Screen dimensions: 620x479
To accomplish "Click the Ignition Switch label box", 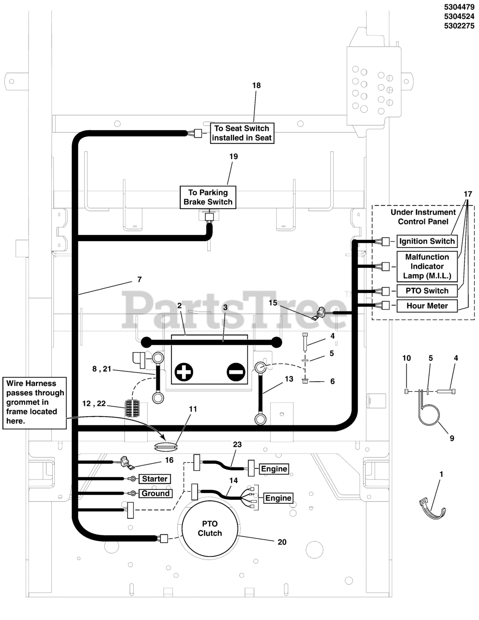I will [427, 241].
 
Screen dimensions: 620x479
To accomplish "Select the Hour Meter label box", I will [427, 306].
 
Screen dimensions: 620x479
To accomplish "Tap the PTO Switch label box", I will [427, 291].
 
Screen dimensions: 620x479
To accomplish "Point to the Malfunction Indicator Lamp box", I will [427, 266].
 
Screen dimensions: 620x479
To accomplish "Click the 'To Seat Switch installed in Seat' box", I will [242, 133].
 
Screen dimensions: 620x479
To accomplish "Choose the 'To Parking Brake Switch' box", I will [208, 197].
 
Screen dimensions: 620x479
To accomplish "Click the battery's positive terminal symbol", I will [184, 372].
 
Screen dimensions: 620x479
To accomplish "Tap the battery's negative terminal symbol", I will [235, 372].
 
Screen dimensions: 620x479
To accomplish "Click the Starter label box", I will [155, 479].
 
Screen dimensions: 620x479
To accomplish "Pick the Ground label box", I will [155, 493].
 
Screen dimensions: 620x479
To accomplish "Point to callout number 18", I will [256, 85].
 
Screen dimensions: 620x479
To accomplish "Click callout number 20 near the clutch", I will [282, 542].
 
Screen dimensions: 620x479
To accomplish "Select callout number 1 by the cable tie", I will [441, 474].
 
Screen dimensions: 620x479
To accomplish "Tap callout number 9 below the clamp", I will [451, 438].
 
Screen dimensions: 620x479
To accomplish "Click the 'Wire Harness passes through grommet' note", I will [35, 403].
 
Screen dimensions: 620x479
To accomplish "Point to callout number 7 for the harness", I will [139, 279].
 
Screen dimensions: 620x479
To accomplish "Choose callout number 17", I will [467, 194].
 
